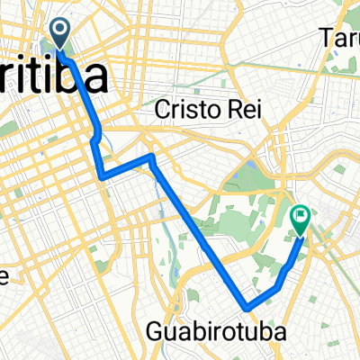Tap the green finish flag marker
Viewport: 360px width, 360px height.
point(300,219)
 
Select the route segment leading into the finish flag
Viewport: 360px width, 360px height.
point(290,256)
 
